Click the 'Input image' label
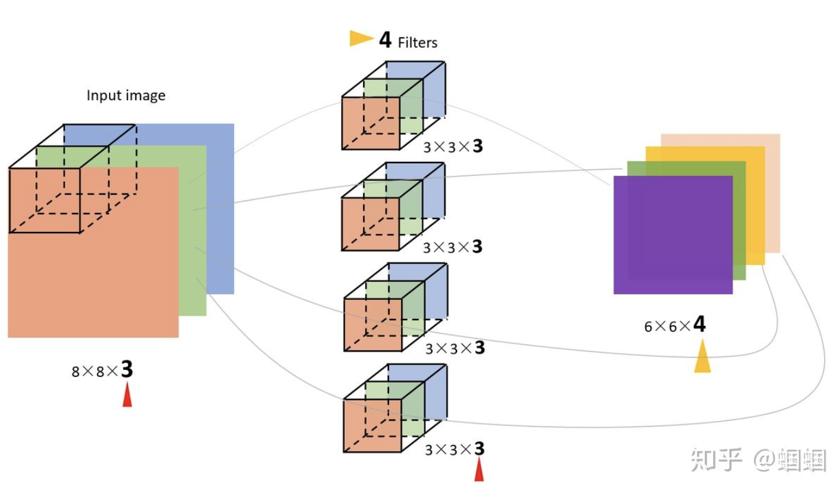125,96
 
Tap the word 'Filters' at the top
417,43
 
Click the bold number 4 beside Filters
385,40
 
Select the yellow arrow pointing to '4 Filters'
361,38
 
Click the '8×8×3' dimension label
102,370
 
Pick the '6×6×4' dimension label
674,325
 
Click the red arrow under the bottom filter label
479,470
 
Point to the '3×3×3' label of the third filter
455,348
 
